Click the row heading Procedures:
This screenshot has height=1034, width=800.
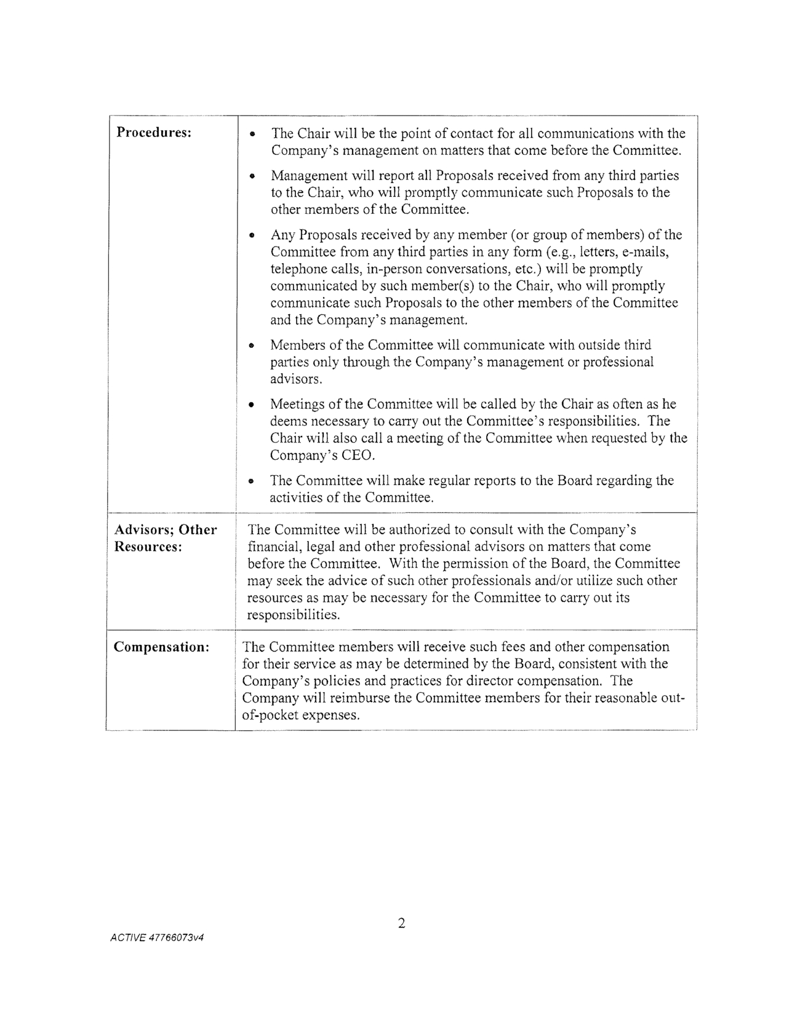point(153,133)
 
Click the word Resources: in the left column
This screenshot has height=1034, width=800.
point(148,547)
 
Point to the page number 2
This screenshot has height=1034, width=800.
point(401,923)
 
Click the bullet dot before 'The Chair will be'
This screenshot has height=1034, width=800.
point(252,135)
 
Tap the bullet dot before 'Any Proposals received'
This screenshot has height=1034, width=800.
point(252,235)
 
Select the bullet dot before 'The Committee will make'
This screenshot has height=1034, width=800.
point(252,481)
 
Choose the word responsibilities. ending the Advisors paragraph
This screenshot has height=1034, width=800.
point(294,615)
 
